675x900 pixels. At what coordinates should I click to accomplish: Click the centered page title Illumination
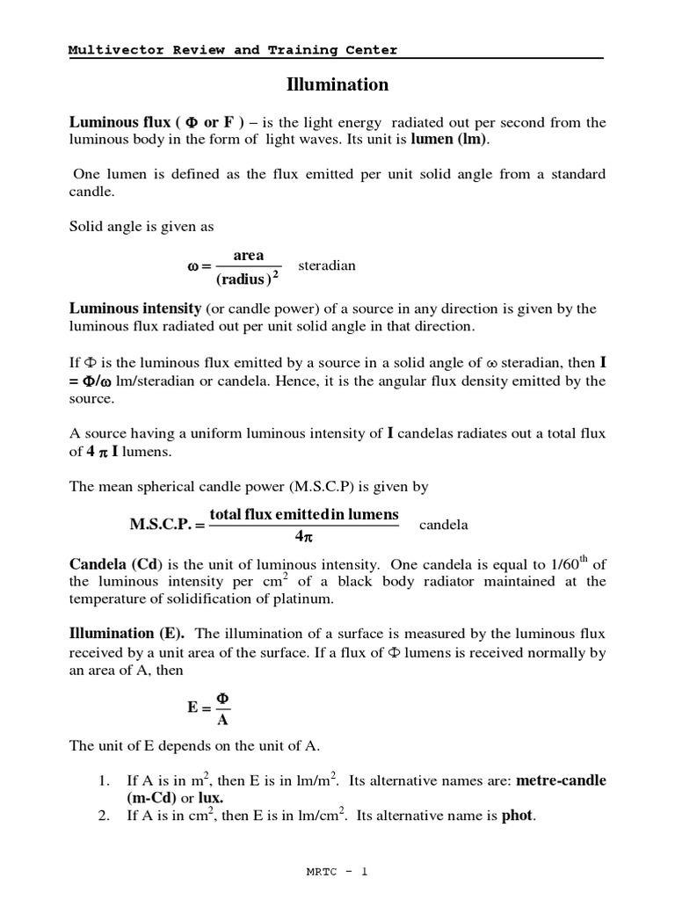pyautogui.click(x=337, y=85)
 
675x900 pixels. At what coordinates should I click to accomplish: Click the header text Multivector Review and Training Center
pyautogui.click(x=233, y=50)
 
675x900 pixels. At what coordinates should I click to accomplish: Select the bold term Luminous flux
pyautogui.click(x=120, y=122)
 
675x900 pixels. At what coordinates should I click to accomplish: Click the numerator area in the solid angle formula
pyautogui.click(x=248, y=255)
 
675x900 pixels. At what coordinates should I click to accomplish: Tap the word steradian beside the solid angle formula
pyautogui.click(x=327, y=265)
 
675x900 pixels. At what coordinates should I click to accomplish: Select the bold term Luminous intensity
pyautogui.click(x=135, y=308)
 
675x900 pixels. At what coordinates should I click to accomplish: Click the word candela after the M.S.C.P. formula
pyautogui.click(x=444, y=526)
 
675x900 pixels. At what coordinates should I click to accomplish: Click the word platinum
pyautogui.click(x=307, y=599)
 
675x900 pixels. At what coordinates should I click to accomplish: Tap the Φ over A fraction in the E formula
pyautogui.click(x=223, y=709)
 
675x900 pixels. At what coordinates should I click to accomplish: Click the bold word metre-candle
pyautogui.click(x=561, y=780)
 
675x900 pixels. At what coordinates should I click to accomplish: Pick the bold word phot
pyautogui.click(x=517, y=816)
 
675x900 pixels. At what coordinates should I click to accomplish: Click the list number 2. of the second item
pyautogui.click(x=104, y=817)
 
